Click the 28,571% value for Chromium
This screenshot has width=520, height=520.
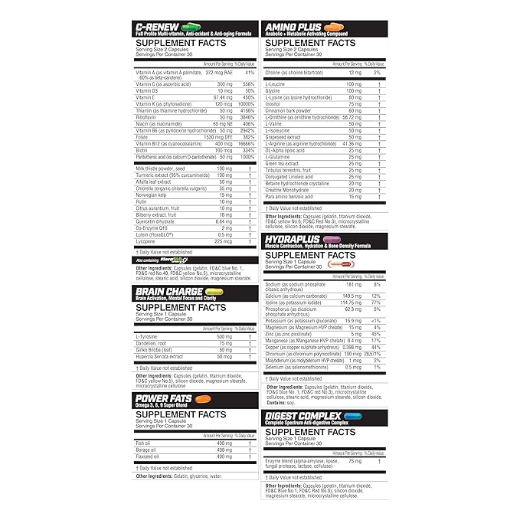pos(374,355)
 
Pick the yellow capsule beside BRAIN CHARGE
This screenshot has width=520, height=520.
pos(214,291)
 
